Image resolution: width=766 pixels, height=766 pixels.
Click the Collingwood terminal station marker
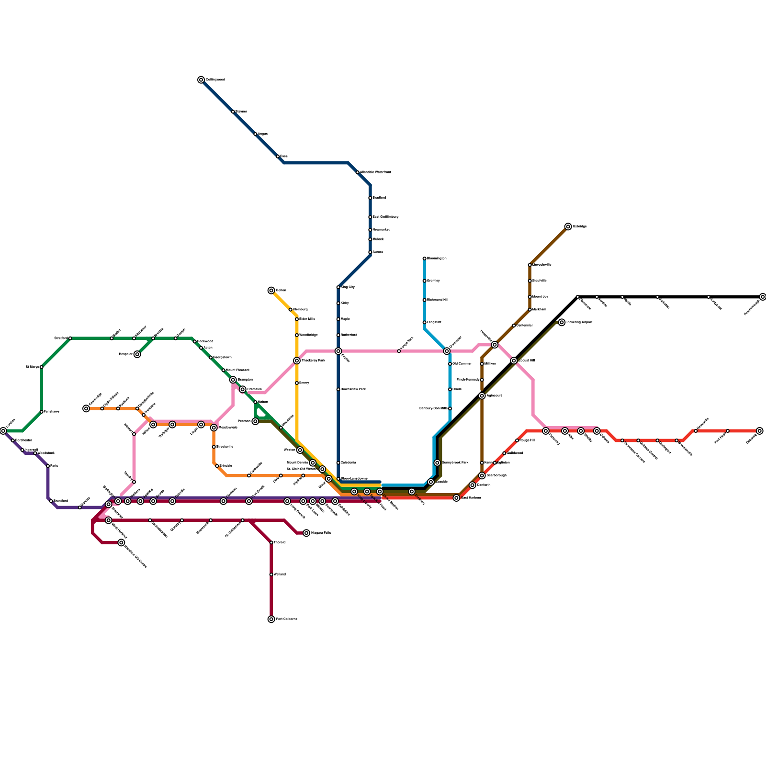pyautogui.click(x=201, y=80)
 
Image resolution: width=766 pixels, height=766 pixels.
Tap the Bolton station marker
pyautogui.click(x=271, y=291)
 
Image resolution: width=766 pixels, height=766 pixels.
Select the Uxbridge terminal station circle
pyautogui.click(x=568, y=226)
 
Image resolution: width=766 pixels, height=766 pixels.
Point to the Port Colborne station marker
pyautogui.click(x=271, y=619)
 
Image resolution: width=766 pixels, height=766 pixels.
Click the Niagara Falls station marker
pyautogui.click(x=306, y=533)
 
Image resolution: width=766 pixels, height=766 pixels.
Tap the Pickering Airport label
pyautogui.click(x=579, y=322)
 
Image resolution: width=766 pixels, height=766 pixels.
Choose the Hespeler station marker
pyautogui.click(x=137, y=354)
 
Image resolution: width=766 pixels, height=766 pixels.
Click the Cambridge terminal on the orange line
pyautogui.click(x=86, y=408)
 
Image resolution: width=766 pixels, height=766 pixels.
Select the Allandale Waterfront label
pyautogui.click(x=375, y=172)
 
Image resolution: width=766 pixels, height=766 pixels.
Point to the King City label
pyautogui.click(x=348, y=287)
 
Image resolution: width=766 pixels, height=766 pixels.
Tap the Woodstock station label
pyautogui.click(x=46, y=453)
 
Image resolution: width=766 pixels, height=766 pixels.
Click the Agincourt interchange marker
pyautogui.click(x=482, y=395)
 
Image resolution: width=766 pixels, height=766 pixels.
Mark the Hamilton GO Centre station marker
pyautogui.click(x=122, y=542)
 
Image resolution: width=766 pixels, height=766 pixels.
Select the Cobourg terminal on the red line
pyautogui.click(x=760, y=431)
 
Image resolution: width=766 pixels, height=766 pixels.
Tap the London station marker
pyautogui.click(x=3, y=431)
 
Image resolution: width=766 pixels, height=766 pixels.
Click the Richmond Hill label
pyautogui.click(x=437, y=300)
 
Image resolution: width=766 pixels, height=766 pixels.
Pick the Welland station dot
pyautogui.click(x=271, y=574)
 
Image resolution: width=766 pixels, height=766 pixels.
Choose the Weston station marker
pyautogui.click(x=300, y=450)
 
